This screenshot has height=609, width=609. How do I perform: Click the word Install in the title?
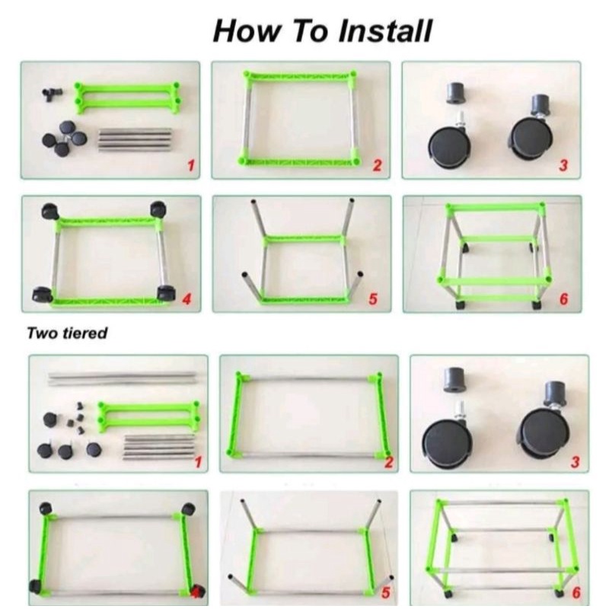point(385,31)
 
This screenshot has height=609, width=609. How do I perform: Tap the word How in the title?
point(246,31)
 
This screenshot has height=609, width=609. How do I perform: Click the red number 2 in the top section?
point(377,165)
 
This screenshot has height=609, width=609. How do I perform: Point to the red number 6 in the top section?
point(563,298)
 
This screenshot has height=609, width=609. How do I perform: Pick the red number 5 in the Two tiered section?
point(386,593)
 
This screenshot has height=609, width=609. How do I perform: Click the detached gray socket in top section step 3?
point(456,93)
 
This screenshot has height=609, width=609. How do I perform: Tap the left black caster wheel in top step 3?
point(450,145)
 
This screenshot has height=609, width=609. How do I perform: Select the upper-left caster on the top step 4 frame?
point(50,211)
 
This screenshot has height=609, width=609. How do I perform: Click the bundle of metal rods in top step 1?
point(135,139)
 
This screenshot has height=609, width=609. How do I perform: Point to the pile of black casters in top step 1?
point(64,139)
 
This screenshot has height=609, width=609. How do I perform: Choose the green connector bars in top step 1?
point(127,97)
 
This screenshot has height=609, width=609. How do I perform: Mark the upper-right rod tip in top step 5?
point(352,201)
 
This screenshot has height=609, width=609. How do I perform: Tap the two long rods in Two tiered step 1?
point(122,378)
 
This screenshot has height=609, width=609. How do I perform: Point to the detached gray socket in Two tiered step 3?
point(454,379)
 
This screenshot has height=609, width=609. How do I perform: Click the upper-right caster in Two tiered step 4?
point(188,508)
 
